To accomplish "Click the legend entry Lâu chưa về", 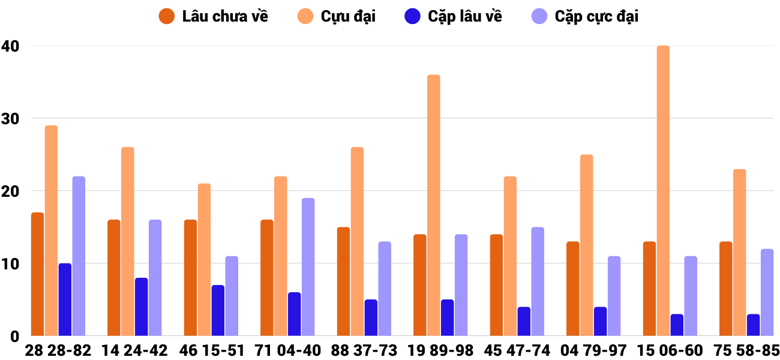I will (x=225, y=16).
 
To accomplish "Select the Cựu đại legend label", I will (x=348, y=16).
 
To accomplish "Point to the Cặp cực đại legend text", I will (x=596, y=16).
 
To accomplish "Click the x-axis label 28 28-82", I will (x=58, y=350).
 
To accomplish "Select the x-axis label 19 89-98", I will (x=440, y=350).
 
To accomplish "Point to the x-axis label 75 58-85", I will (x=746, y=350).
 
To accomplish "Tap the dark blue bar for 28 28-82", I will (x=65, y=299).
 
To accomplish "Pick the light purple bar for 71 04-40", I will (x=308, y=267).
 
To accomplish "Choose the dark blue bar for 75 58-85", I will (x=753, y=325).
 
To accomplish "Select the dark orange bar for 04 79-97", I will (x=572, y=289).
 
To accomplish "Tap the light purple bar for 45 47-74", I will (x=538, y=281).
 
